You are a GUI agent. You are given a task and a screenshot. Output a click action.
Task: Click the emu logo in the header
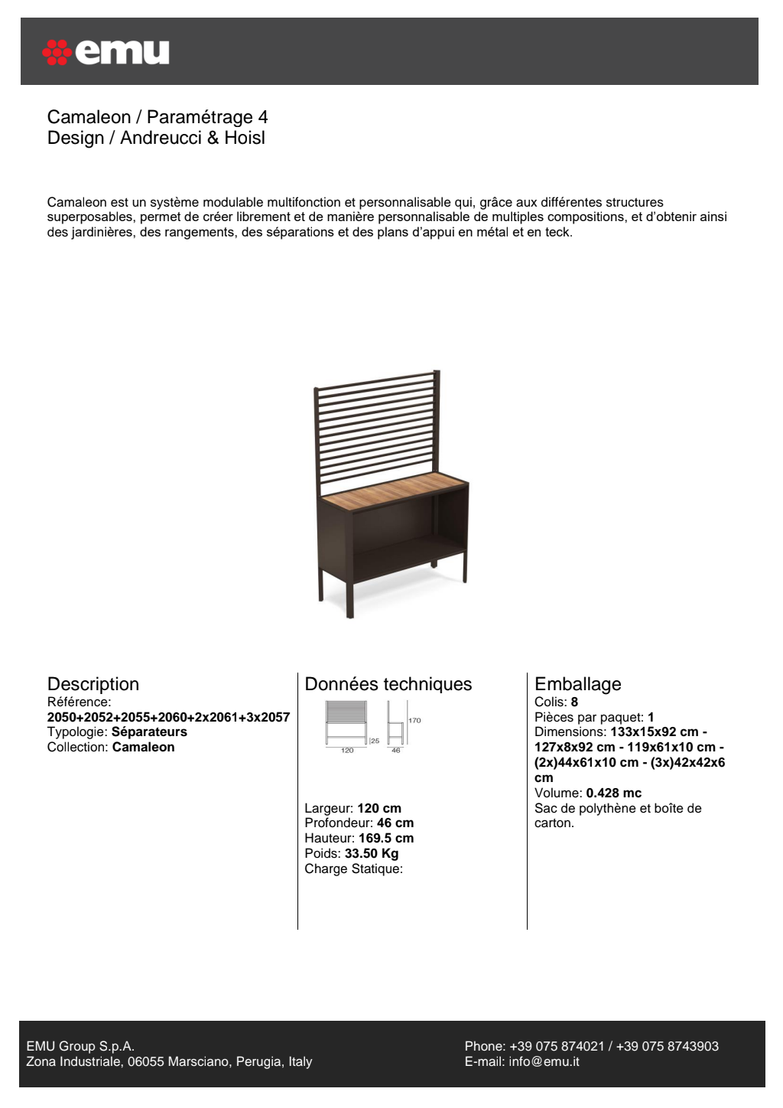[x=106, y=52]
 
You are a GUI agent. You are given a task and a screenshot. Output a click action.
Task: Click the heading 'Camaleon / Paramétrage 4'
[x=158, y=117]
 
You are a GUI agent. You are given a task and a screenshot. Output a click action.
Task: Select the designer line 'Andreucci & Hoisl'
[x=193, y=138]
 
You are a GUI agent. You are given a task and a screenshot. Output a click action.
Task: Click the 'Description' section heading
[x=93, y=684]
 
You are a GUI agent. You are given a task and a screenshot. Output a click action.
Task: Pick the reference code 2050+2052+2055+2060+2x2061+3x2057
[x=168, y=717]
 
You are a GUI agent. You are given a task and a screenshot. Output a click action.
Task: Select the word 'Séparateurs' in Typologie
[x=149, y=732]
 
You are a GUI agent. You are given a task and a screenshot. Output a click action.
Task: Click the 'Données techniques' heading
[x=388, y=684]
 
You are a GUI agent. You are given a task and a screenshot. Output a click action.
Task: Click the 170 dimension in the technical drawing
[x=414, y=721]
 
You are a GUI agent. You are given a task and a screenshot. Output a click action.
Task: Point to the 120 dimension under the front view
[x=347, y=751]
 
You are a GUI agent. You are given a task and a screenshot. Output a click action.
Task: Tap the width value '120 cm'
[x=379, y=809]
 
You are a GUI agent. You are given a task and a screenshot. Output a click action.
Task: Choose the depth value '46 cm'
[x=395, y=823]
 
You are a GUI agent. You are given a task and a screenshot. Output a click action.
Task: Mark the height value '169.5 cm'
[x=386, y=839]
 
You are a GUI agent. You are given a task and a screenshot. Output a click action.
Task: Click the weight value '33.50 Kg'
[x=372, y=854]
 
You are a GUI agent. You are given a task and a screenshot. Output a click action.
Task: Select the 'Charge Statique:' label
[x=353, y=869]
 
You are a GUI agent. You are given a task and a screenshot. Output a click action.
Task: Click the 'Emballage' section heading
[x=578, y=684]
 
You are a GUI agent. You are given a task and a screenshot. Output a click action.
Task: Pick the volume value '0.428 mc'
[x=614, y=794]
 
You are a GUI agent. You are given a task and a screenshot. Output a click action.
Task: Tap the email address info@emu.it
[x=544, y=1062]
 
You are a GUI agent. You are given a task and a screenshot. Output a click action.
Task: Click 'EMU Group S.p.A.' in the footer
[x=80, y=1047]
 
